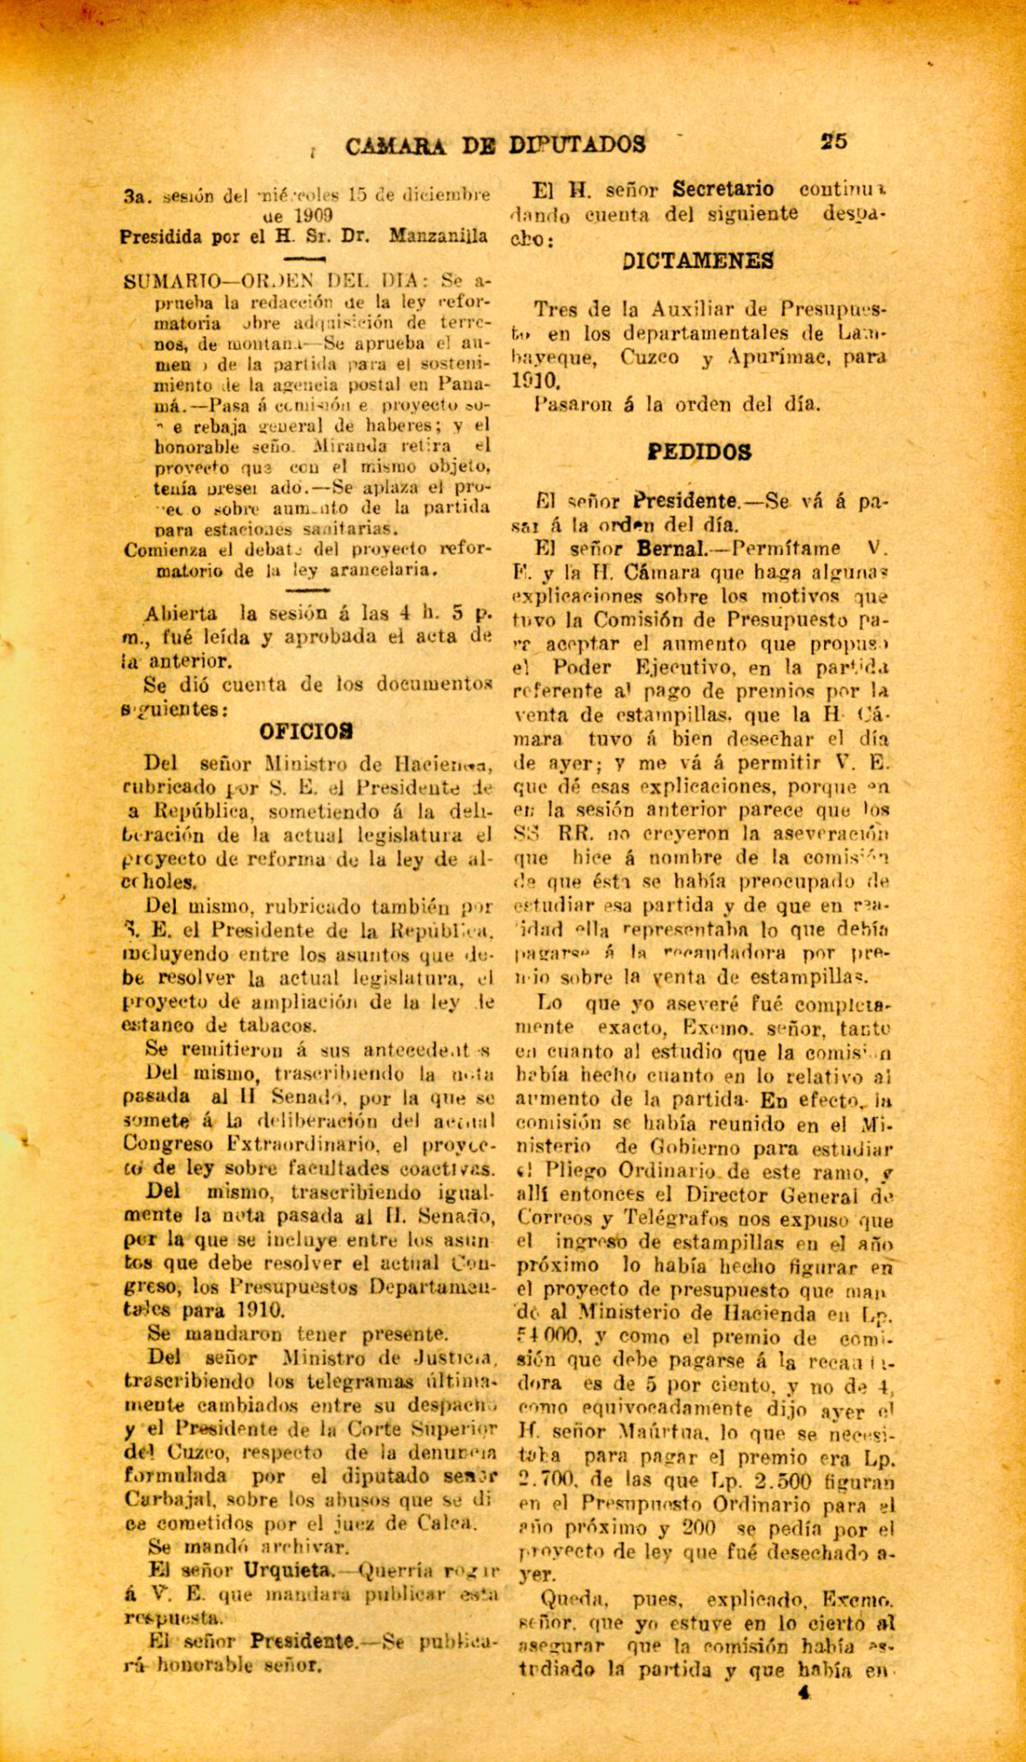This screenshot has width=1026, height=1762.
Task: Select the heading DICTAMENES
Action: (698, 260)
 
